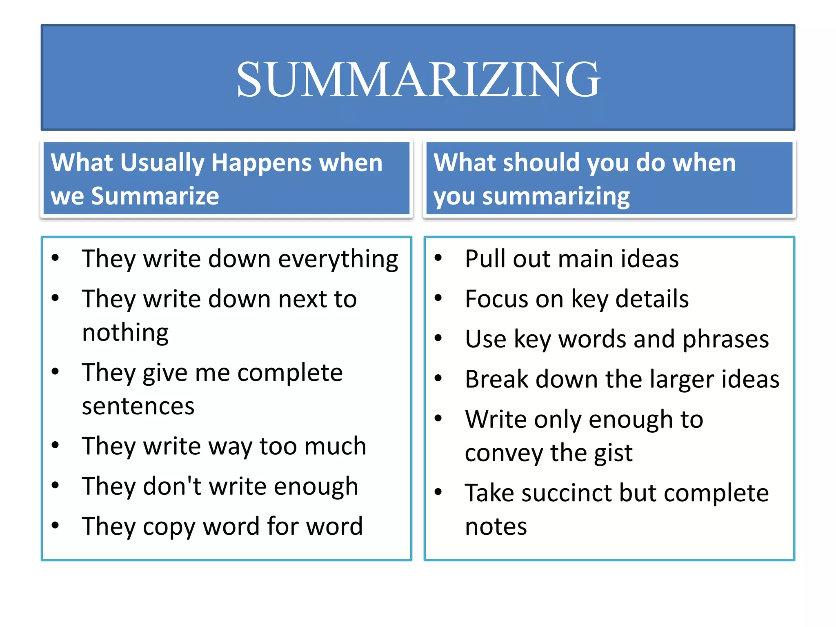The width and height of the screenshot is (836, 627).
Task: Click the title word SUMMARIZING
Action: pyautogui.click(x=418, y=79)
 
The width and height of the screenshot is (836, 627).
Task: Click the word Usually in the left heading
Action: pyautogui.click(x=162, y=163)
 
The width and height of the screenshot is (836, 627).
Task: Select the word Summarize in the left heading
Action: pyautogui.click(x=155, y=196)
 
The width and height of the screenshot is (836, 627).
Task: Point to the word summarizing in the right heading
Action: pyautogui.click(x=556, y=197)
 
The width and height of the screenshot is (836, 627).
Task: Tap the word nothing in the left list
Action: pyautogui.click(x=125, y=333)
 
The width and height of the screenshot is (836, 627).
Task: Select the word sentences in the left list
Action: pyautogui.click(x=138, y=406)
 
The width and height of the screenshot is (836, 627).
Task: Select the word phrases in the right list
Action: pyautogui.click(x=725, y=340)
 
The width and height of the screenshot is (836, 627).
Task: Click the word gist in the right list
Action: pyautogui.click(x=613, y=453)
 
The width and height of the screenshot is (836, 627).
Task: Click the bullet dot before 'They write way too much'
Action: pyautogui.click(x=56, y=445)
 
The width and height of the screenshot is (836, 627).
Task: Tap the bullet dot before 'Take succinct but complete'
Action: pyautogui.click(x=438, y=492)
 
